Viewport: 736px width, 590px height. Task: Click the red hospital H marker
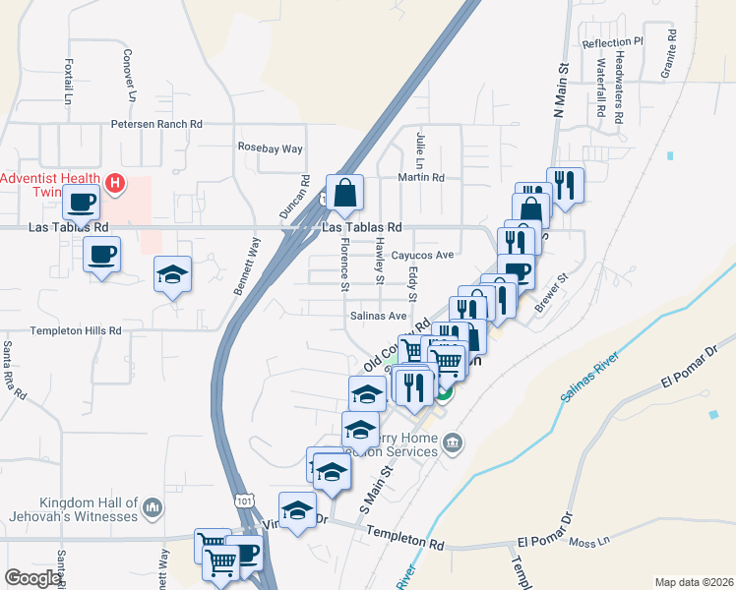click(x=115, y=182)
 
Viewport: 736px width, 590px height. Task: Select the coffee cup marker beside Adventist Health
click(x=80, y=203)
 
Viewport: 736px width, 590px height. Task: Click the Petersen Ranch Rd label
click(x=155, y=125)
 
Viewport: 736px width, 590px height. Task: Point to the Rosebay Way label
click(x=271, y=147)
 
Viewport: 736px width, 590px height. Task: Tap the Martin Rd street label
click(x=421, y=178)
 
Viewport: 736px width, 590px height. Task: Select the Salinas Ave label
click(x=379, y=316)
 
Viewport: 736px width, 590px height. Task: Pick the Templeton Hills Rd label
click(x=61, y=330)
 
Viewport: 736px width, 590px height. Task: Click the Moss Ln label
click(x=618, y=541)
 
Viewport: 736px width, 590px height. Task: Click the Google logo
click(x=32, y=578)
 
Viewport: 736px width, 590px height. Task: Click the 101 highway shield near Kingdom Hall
click(x=243, y=501)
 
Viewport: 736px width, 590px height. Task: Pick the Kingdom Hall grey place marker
click(x=152, y=506)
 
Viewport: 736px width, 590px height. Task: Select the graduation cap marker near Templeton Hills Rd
click(x=172, y=274)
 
